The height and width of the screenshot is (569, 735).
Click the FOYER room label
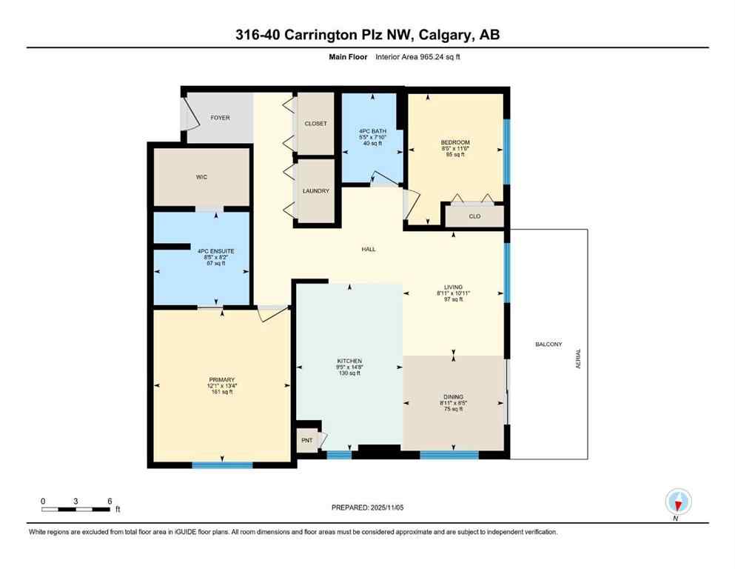point(220,118)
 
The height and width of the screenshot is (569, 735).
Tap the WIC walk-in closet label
point(201,177)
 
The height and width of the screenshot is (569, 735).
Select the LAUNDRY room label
point(315,191)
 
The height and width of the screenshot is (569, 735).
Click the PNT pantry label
point(306,439)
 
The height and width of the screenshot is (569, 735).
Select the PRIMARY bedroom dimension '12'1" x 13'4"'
point(221,386)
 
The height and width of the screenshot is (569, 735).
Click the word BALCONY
point(548,345)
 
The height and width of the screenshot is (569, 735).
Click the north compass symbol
point(677,502)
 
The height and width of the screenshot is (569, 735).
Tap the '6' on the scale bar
point(110,501)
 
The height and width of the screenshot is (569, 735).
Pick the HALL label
point(368,250)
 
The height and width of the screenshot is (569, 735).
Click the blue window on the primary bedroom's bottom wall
point(222,465)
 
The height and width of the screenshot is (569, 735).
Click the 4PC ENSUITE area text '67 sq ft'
point(215,263)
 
